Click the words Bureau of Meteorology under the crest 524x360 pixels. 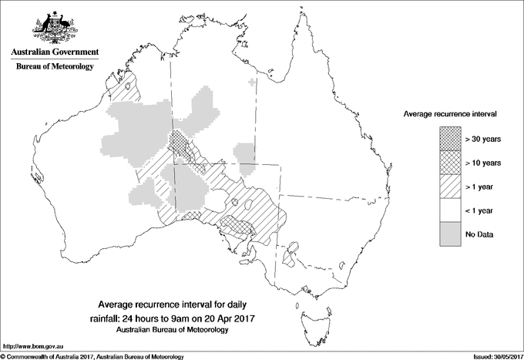pyautogui.click(x=54, y=67)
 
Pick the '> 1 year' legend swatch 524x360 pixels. pyautogui.click(x=451, y=186)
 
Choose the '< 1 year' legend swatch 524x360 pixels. pyautogui.click(x=451, y=210)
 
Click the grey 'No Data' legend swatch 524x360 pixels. pyautogui.click(x=451, y=234)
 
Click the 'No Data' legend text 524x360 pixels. pyautogui.click(x=479, y=234)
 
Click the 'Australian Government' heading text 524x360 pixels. pyautogui.click(x=54, y=52)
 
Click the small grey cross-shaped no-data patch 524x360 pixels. pyautogui.click(x=254, y=82)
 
